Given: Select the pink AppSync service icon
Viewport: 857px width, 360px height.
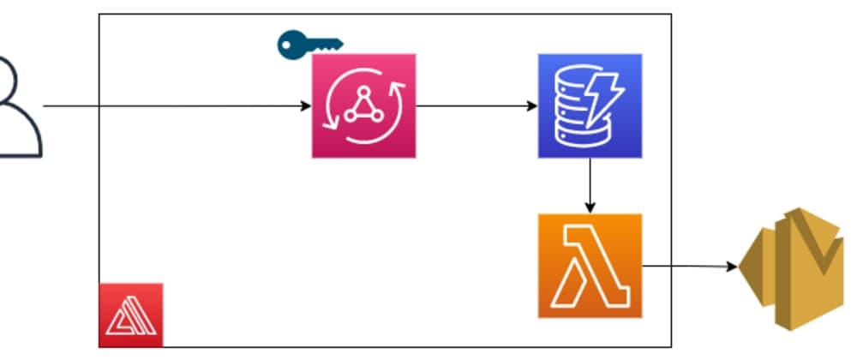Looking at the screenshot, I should [363, 105].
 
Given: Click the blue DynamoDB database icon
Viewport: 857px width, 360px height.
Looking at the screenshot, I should [590, 105].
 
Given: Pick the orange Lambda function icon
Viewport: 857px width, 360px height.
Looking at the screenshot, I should [590, 266].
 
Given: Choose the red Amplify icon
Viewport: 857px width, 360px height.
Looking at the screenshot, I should [130, 315].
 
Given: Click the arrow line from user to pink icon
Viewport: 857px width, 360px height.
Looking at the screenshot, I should [171, 106].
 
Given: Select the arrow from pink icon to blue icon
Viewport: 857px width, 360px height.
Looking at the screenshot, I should [471, 106].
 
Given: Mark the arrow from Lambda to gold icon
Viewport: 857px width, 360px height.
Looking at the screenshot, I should [686, 266].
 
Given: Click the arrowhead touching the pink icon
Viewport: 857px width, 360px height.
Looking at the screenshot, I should [306, 106].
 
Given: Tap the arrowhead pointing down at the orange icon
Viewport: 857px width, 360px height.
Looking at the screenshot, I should [590, 207].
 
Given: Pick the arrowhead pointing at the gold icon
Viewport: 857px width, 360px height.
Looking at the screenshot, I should [733, 267].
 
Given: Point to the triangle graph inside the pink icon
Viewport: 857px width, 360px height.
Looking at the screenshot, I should [363, 106].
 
